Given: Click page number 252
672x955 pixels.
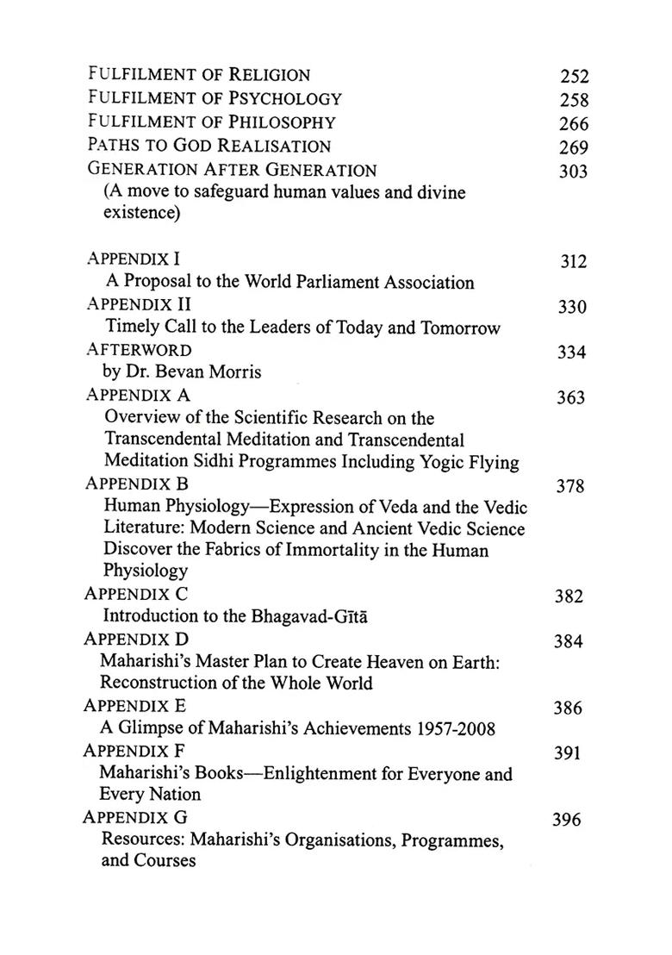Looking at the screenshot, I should pyautogui.click(x=573, y=77).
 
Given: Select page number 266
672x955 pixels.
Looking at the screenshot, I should pyautogui.click(x=573, y=123).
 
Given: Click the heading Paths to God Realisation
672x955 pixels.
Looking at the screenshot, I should pyautogui.click(x=209, y=147).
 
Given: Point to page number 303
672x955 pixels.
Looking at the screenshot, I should pyautogui.click(x=573, y=171).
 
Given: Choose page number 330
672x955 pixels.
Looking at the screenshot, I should pyautogui.click(x=572, y=308).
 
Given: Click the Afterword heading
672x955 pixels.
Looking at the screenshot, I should pyautogui.click(x=139, y=350).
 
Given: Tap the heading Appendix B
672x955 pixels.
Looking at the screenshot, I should pyautogui.click(x=137, y=484).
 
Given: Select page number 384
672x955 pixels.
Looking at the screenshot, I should pyautogui.click(x=569, y=642).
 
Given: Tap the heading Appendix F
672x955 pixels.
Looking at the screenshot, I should pyautogui.click(x=134, y=750).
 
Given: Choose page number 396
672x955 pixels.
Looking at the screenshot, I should pyautogui.click(x=567, y=820).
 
